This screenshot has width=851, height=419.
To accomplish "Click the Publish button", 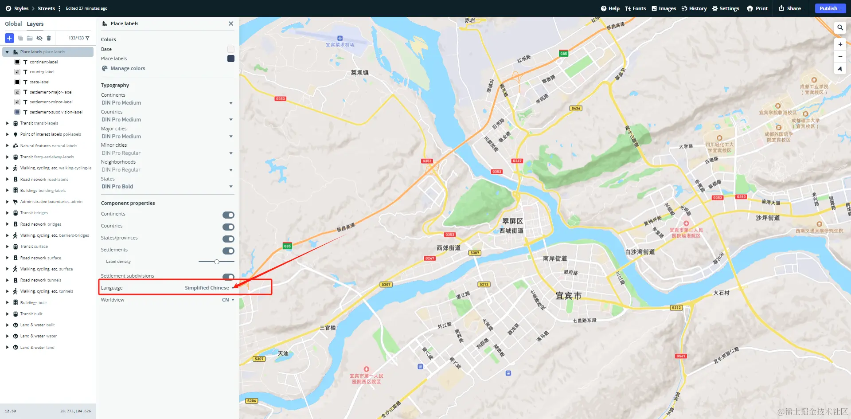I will click(x=830, y=8).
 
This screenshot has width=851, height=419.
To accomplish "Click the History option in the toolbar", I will click(x=694, y=8).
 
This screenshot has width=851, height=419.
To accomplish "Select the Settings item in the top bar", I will click(x=726, y=8).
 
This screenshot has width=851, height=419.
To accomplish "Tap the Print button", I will click(x=757, y=8).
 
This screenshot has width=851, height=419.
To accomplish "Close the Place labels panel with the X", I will click(x=231, y=23).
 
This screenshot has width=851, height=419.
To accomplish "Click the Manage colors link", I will click(x=128, y=68).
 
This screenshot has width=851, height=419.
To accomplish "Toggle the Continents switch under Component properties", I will click(x=228, y=215).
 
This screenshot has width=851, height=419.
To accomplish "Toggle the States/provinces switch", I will click(x=228, y=239).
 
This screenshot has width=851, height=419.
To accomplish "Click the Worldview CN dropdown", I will click(x=228, y=300).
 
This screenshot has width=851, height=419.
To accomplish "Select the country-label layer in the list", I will click(x=42, y=72).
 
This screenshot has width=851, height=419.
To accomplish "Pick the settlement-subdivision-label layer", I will click(x=56, y=112).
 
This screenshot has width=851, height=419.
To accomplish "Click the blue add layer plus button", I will click(x=9, y=38).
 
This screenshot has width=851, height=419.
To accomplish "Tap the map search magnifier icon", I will click(x=840, y=27).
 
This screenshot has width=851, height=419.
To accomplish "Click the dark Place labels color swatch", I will click(x=231, y=59).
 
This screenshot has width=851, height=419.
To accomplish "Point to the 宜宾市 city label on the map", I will click(x=568, y=296).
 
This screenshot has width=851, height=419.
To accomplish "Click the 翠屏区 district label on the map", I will click(x=512, y=221).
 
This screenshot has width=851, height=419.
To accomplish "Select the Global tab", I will click(x=13, y=24).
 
